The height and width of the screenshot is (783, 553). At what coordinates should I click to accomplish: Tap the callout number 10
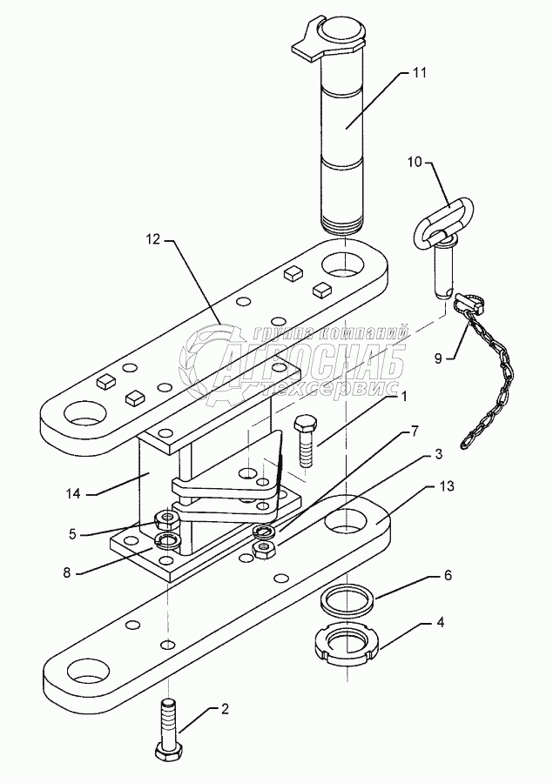point(414,163)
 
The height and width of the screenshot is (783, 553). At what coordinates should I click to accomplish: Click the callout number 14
point(73,493)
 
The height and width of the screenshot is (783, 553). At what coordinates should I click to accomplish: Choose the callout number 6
point(448,575)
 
